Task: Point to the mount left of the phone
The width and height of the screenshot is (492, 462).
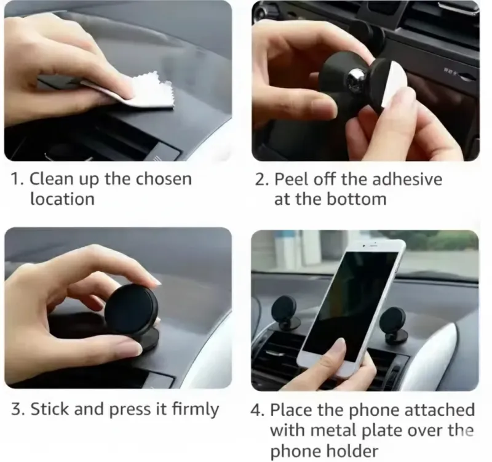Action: [285, 314]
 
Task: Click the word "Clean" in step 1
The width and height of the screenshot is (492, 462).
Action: [50, 179]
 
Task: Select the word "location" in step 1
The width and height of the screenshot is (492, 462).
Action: [62, 199]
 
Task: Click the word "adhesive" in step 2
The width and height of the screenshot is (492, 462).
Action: [408, 179]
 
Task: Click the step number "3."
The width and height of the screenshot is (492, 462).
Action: [18, 409]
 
